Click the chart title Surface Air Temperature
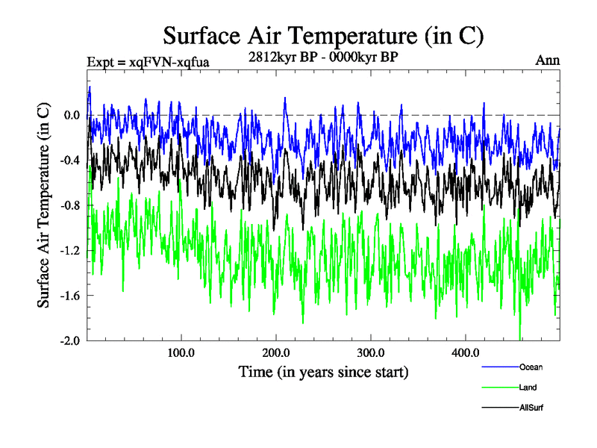pyautogui.click(x=323, y=34)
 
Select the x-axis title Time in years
pyautogui.click(x=323, y=371)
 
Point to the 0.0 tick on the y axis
pyautogui.click(x=71, y=115)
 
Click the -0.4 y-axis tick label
pyautogui.click(x=69, y=161)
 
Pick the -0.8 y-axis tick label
pyautogui.click(x=69, y=205)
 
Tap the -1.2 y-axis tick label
pyautogui.click(x=69, y=250)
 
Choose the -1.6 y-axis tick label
pyautogui.click(x=69, y=296)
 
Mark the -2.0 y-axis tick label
pyautogui.click(x=69, y=340)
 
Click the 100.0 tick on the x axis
pyautogui.click(x=181, y=352)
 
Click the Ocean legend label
pyautogui.click(x=531, y=367)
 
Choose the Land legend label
pyautogui.click(x=528, y=388)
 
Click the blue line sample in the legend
pyautogui.click(x=498, y=367)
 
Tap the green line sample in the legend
pyautogui.click(x=498, y=388)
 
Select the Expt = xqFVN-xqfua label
pyautogui.click(x=148, y=61)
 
